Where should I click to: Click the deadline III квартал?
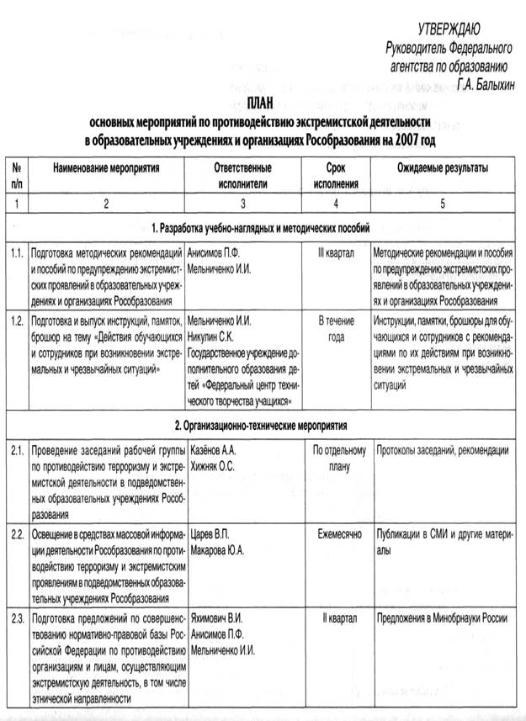(336, 252)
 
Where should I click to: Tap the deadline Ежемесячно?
(336, 533)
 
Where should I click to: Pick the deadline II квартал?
(336, 618)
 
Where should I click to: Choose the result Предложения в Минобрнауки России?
(440, 618)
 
